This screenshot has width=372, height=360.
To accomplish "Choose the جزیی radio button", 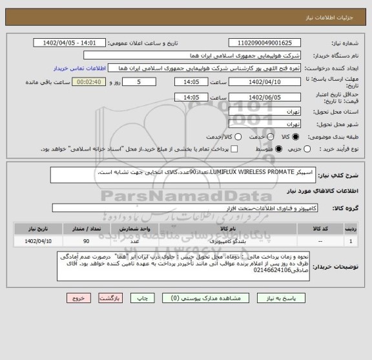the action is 308,149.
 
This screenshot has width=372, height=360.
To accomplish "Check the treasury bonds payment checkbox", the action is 234,149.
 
